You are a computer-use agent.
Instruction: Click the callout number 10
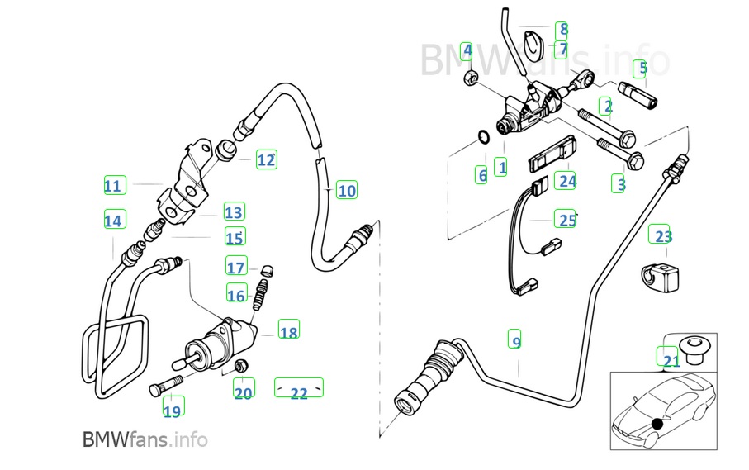coord(347,191)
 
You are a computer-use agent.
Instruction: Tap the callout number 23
coord(663,236)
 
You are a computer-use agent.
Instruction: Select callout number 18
coord(288,333)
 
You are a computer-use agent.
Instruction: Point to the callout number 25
coord(566,220)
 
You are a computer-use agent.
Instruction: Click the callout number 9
coord(515,341)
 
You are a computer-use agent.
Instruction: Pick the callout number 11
coord(113,186)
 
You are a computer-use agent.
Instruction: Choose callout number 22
coord(298,393)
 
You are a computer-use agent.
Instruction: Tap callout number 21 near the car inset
coord(670,359)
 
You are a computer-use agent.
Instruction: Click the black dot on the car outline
coord(657,424)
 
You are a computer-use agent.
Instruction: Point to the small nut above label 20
coord(242,364)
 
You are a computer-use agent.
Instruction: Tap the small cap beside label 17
coord(267,270)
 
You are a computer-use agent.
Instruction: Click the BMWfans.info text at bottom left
coord(145,439)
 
